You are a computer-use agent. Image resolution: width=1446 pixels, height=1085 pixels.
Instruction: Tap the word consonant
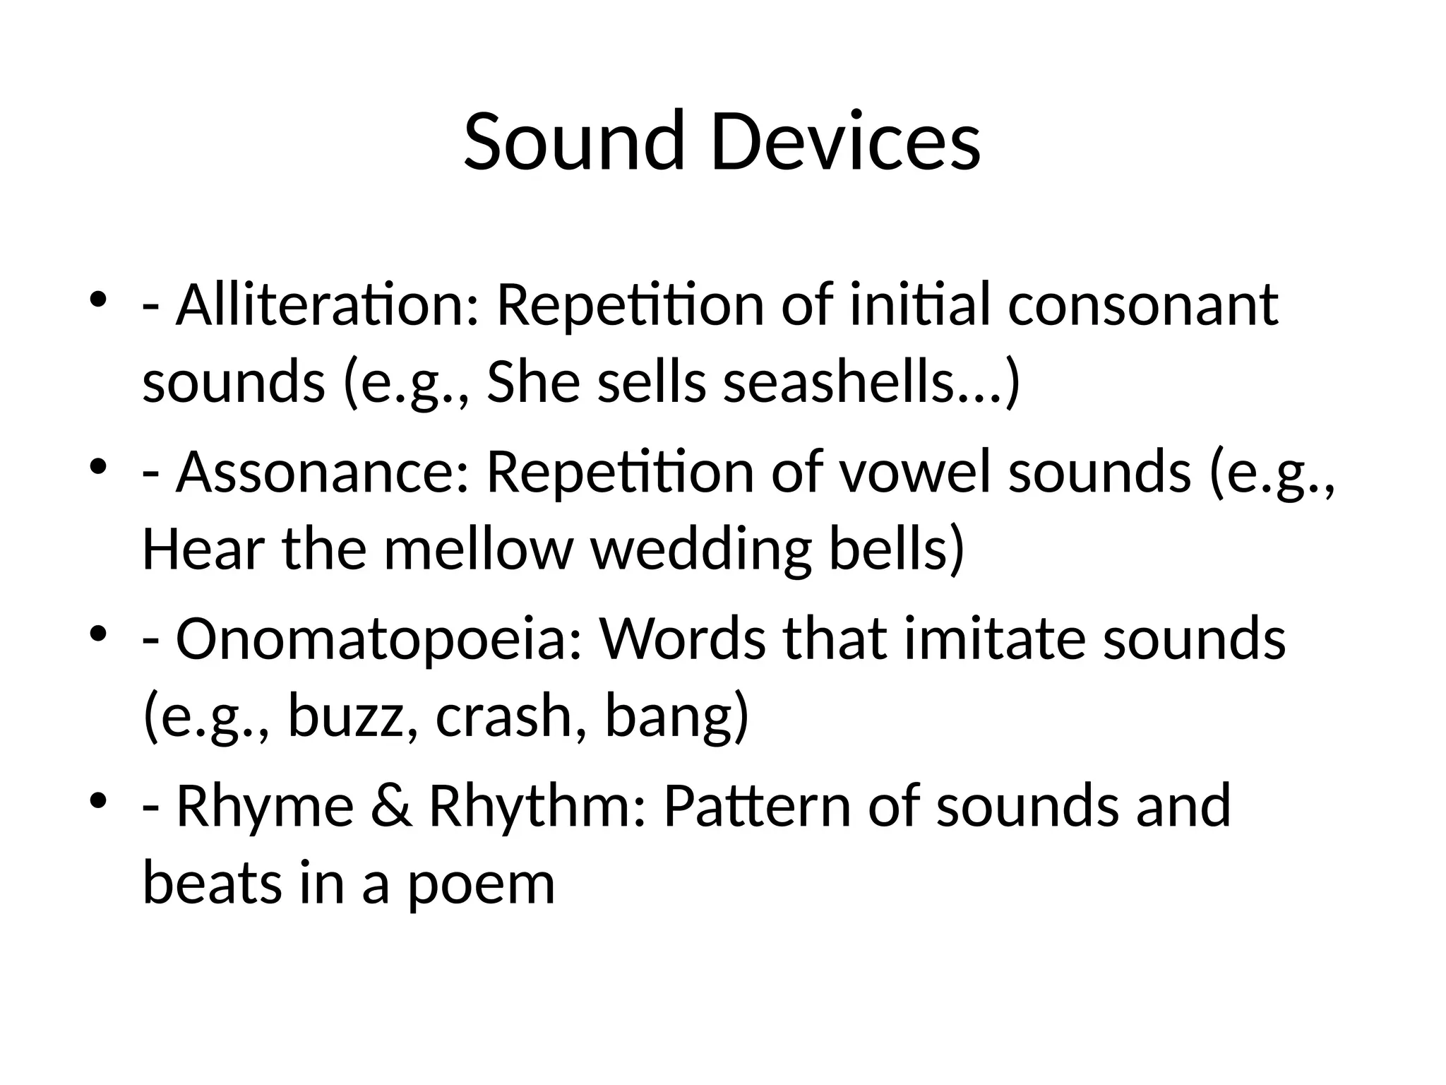click(x=1142, y=305)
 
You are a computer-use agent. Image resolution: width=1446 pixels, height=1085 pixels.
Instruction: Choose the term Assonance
click(x=322, y=472)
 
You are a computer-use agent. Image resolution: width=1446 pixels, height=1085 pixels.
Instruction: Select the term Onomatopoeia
click(x=378, y=639)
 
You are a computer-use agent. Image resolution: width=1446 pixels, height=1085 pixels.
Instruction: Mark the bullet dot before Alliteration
click(x=98, y=298)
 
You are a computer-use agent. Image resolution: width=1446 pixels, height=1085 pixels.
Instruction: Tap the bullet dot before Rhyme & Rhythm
click(x=98, y=799)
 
